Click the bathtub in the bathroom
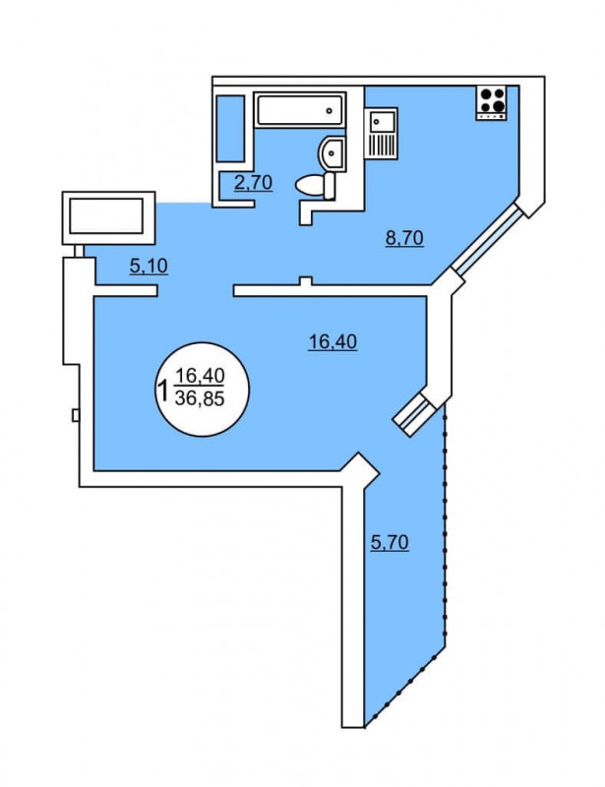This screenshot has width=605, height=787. (x=300, y=110)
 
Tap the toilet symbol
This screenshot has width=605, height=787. (x=316, y=186)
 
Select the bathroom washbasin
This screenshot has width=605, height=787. (x=332, y=153)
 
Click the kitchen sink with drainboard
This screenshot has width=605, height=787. (x=381, y=133)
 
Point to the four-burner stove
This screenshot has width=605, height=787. (x=491, y=103)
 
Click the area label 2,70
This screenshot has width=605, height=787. (x=254, y=182)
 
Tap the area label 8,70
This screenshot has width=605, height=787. (x=404, y=237)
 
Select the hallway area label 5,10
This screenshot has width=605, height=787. (x=149, y=266)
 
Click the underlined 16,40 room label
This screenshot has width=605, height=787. (x=333, y=341)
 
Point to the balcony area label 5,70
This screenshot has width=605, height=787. (x=390, y=542)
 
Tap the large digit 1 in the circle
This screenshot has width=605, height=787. (x=162, y=391)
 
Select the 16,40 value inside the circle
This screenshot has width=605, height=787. (x=200, y=375)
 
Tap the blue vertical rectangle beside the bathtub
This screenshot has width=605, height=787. (x=230, y=128)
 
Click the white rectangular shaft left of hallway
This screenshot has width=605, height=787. (x=108, y=217)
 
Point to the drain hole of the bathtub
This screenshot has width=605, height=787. (x=330, y=111)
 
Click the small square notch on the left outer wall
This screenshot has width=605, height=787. (x=76, y=415)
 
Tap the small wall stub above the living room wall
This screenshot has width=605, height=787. (x=305, y=281)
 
